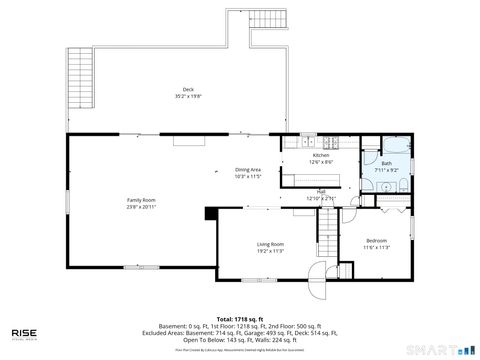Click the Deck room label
point(188,90)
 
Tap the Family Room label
point(141,200)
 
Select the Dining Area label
point(248,170)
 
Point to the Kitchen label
point(321,156)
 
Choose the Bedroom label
point(376,241)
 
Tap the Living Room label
point(270,244)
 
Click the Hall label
point(321,191)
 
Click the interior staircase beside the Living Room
point(328,239)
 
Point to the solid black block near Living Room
point(211,213)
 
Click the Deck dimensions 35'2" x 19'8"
point(188,97)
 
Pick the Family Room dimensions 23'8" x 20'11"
point(141,207)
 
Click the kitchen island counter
point(308,179)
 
